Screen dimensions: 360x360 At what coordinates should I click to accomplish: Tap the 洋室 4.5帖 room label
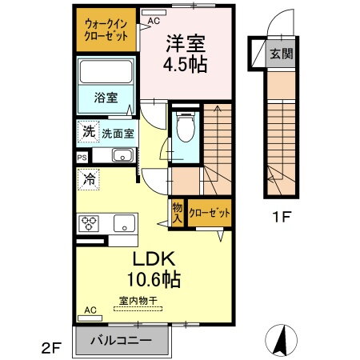[186, 51]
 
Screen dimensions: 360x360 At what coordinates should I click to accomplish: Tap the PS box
[82, 158]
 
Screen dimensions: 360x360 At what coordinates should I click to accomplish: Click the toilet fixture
[186, 128]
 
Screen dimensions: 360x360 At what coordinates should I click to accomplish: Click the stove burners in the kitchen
[88, 223]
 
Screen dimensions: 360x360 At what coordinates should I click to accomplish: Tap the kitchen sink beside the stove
[122, 223]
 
